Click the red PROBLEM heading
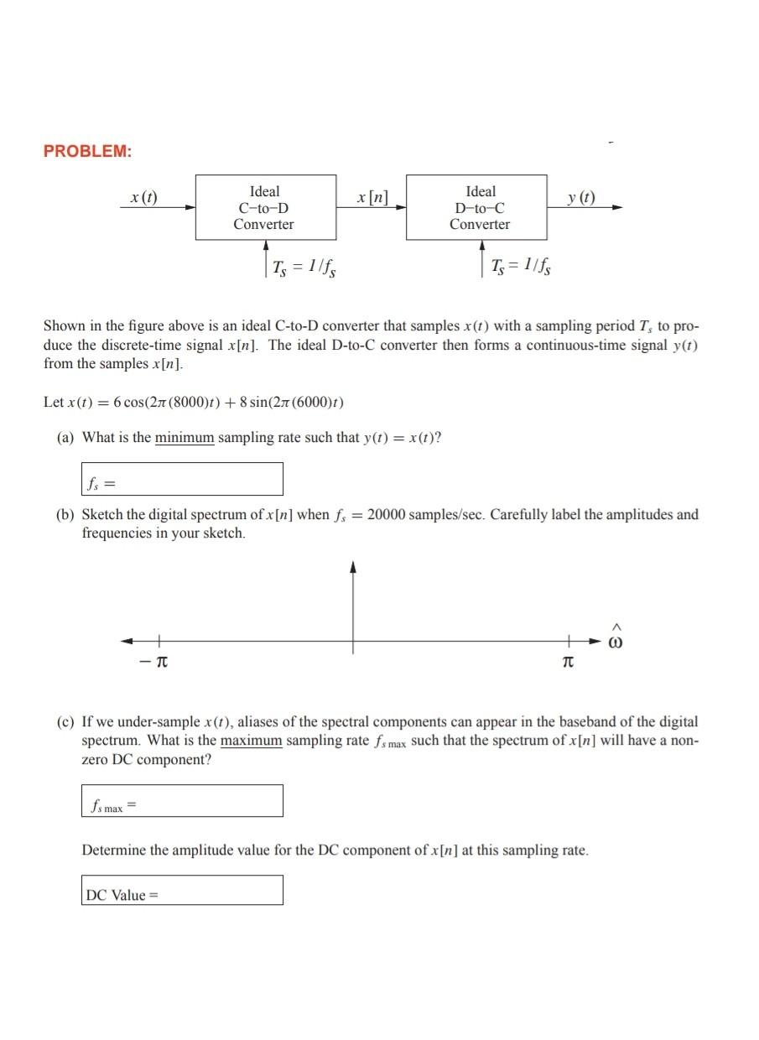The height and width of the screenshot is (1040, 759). coord(87,151)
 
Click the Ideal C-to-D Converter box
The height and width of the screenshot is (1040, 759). coord(265,208)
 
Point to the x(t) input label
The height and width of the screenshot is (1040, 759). coord(144,198)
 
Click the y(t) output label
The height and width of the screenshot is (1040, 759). coord(580,198)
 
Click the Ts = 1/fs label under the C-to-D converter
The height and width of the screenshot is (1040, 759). coord(304,268)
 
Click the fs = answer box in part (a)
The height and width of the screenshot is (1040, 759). coord(182,479)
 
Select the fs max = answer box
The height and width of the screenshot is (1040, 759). coord(182,800)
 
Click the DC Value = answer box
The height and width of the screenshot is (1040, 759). coord(182,890)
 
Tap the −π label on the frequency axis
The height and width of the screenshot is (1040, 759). coord(154,663)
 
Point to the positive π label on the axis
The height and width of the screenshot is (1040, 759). coord(568,663)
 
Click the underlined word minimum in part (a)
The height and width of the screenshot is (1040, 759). coord(185,438)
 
